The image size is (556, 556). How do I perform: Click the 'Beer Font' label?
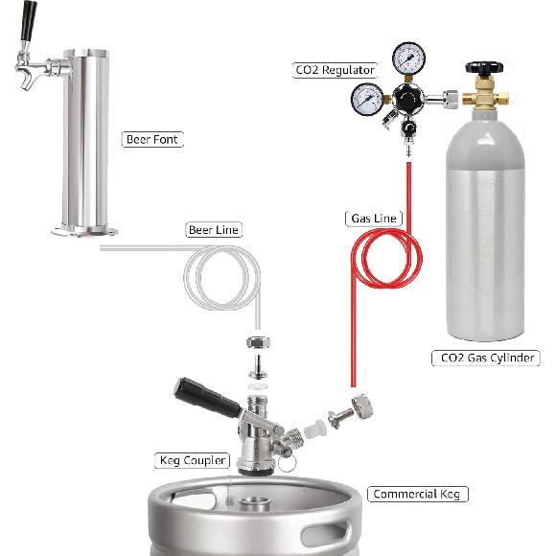[x=152, y=140]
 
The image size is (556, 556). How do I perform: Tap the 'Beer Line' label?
[x=214, y=230]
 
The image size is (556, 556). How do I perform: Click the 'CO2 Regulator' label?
[x=335, y=69]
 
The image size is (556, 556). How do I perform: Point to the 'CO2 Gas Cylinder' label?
[x=486, y=359]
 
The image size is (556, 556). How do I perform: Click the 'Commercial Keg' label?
[x=418, y=495]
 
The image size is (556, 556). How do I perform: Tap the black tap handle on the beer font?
[x=30, y=21]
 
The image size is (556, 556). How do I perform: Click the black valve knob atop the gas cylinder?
[x=482, y=68]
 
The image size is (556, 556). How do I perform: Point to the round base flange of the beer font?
[x=84, y=230]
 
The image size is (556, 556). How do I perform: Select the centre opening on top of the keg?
[x=254, y=503]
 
